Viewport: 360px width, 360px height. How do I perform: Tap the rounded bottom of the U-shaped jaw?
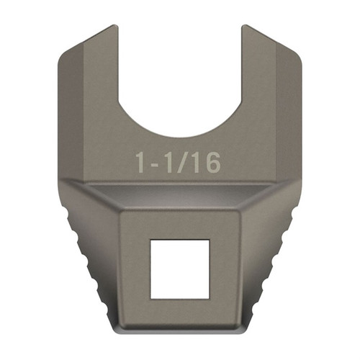click(x=180, y=133)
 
